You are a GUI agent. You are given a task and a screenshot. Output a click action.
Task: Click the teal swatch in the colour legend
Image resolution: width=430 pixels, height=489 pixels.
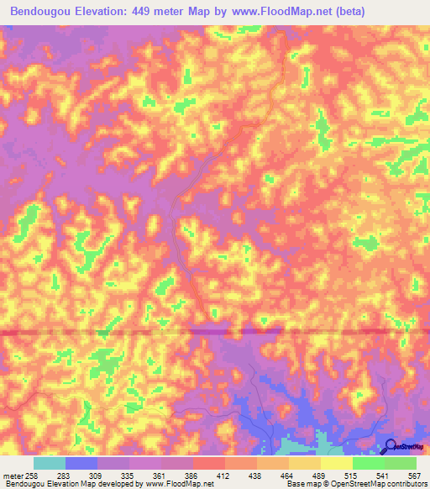pos(50,463)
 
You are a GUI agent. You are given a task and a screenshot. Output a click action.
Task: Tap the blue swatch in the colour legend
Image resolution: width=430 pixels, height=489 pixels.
pos(81,463)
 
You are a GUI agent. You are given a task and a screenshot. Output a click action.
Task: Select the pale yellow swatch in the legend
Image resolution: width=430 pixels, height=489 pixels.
pos(337,463)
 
